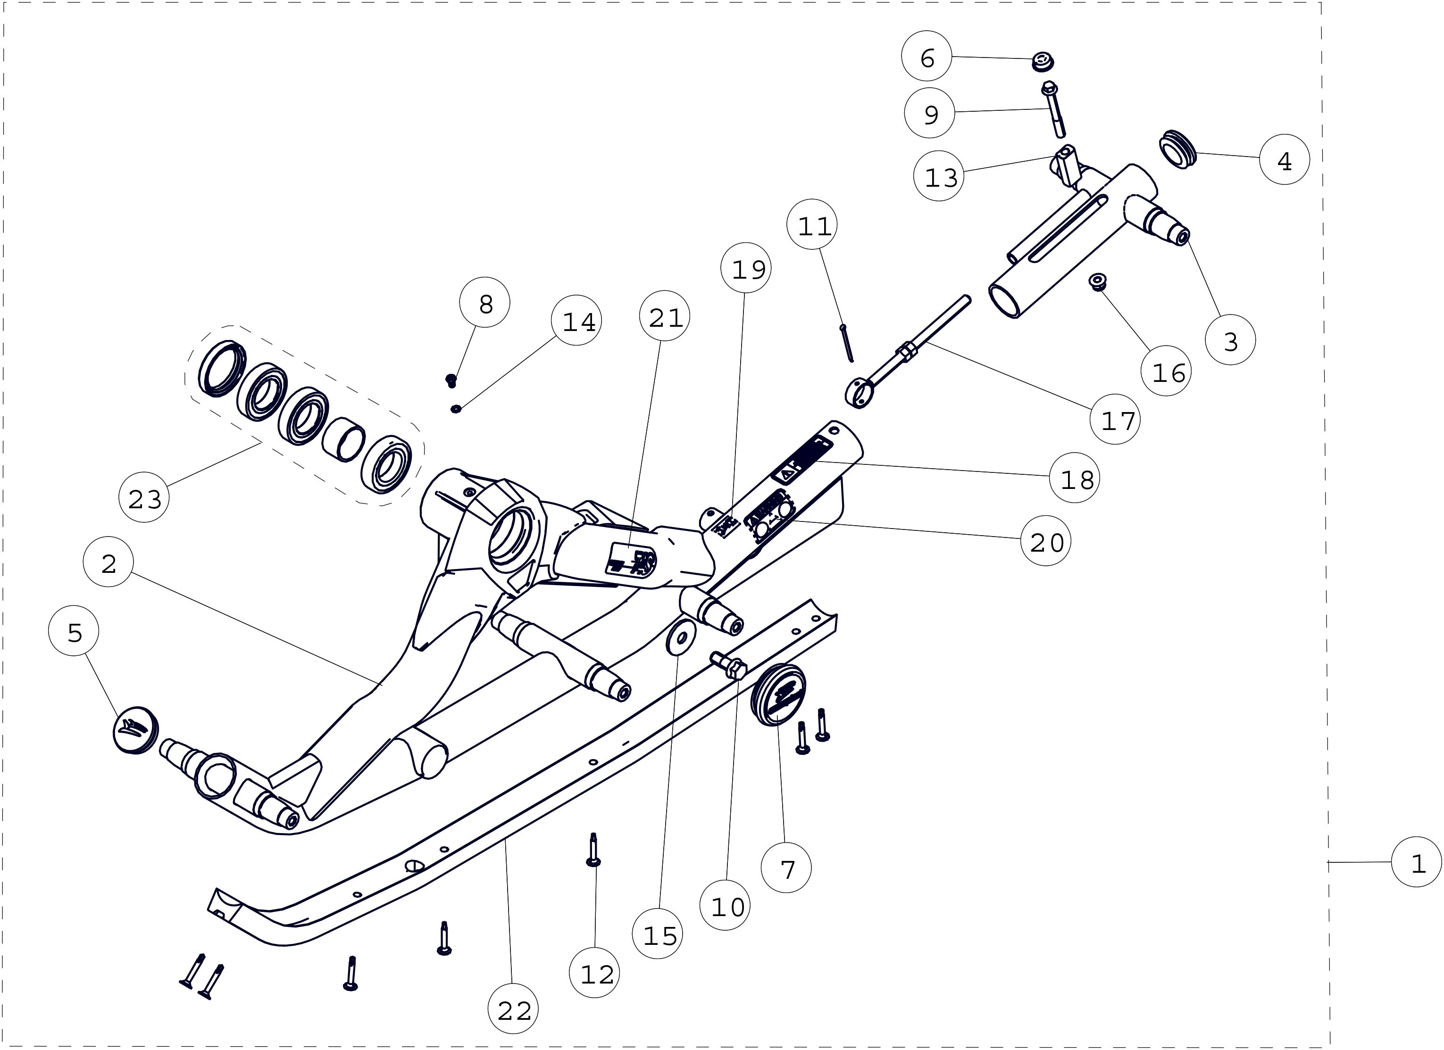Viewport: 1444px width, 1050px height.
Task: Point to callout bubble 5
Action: click(x=74, y=631)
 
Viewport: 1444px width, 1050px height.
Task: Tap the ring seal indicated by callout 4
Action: click(x=1177, y=149)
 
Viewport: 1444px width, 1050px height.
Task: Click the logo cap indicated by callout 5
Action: click(x=135, y=729)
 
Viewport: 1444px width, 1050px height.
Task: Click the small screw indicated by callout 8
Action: click(x=451, y=380)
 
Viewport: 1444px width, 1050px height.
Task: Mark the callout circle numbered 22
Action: click(x=513, y=1009)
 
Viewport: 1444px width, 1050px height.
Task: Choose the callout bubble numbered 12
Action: click(x=595, y=973)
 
